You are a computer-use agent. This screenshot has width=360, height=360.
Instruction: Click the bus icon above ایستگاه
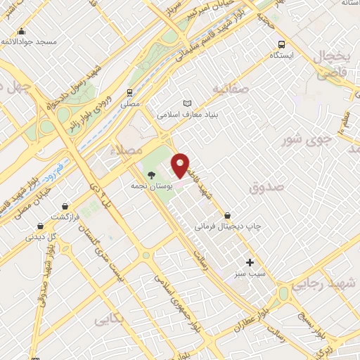(281, 44)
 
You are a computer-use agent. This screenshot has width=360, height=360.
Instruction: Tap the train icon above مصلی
(129, 92)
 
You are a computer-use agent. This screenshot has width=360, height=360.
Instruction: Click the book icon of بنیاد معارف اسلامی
(187, 103)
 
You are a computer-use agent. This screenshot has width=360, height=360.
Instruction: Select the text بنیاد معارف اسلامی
(184, 114)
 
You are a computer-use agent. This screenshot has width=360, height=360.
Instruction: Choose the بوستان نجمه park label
(148, 186)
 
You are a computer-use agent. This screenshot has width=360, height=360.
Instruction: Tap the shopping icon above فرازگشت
(65, 207)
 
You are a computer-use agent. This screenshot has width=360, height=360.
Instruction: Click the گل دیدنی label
(39, 237)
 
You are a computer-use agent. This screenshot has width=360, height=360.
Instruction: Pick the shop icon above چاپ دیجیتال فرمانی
(226, 216)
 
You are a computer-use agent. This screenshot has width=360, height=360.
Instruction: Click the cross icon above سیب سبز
(250, 262)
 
